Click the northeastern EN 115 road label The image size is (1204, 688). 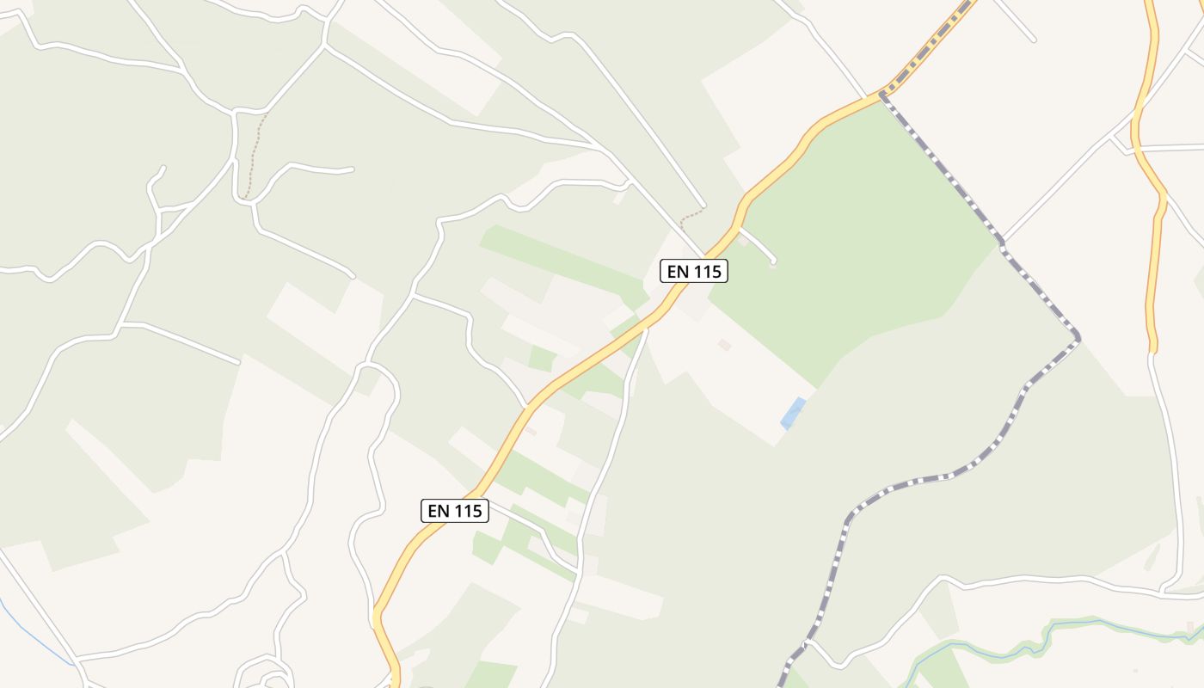(x=694, y=272)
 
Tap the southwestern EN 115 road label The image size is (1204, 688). (x=455, y=511)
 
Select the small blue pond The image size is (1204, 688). (x=793, y=413)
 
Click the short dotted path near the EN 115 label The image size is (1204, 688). (x=691, y=214)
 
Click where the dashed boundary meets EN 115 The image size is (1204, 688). (x=881, y=94)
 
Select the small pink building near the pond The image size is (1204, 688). (x=725, y=344)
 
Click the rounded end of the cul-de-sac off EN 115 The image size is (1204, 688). (x=773, y=261)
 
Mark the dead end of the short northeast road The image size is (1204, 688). (x=1033, y=40)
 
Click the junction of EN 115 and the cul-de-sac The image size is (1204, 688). (x=739, y=227)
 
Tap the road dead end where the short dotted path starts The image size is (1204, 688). (x=704, y=206)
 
